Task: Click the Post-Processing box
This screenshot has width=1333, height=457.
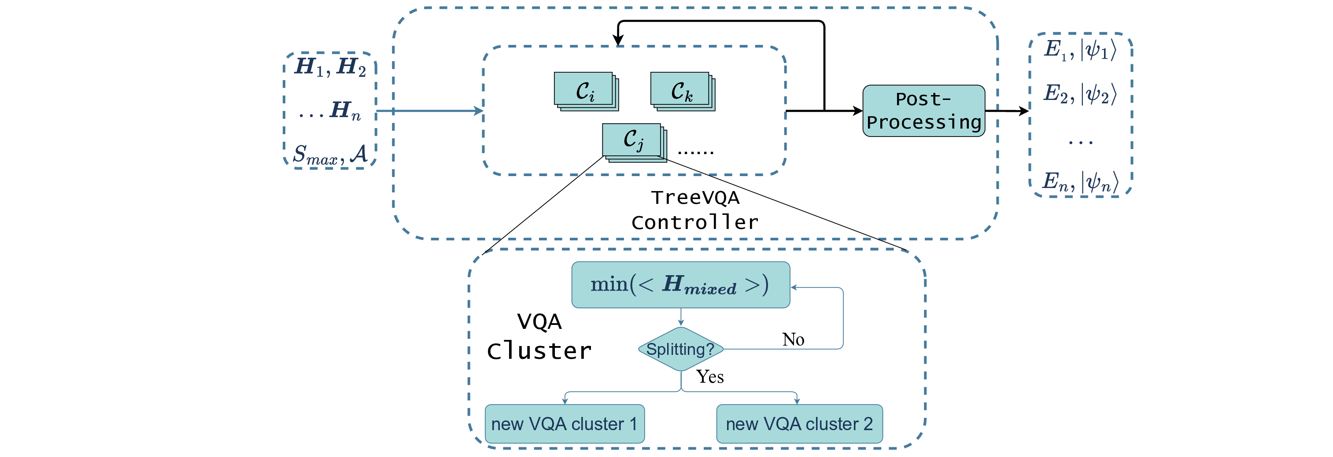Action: (923, 111)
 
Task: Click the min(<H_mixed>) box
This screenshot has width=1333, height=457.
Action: (680, 285)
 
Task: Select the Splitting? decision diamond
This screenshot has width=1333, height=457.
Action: (680, 349)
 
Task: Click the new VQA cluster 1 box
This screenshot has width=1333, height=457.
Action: (564, 424)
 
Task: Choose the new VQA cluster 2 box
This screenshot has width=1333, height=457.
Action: (798, 424)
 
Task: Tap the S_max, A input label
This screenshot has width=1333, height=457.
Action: (330, 154)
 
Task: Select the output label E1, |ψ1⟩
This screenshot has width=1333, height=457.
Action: (1080, 50)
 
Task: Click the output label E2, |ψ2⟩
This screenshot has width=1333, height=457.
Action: (1080, 94)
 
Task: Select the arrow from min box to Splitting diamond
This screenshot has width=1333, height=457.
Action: (680, 317)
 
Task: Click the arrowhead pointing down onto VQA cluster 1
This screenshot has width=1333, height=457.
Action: (565, 401)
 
